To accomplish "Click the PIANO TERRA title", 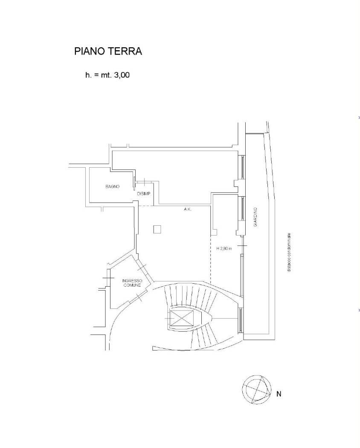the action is (x=108, y=52).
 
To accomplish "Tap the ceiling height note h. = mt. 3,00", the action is (x=107, y=75).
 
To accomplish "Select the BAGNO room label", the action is (x=113, y=186).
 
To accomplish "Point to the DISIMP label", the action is (x=144, y=194).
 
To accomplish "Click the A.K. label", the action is (x=188, y=209).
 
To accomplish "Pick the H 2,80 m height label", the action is (x=224, y=249).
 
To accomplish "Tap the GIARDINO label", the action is (x=255, y=217).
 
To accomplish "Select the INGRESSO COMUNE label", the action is (x=132, y=283).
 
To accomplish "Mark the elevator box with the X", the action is (x=182, y=318).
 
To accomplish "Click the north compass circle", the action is (x=257, y=390).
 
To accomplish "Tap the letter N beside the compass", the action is (x=279, y=394).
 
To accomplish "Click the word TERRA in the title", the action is (x=125, y=52).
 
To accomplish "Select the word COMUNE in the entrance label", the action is (x=132, y=285).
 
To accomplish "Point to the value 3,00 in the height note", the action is (x=122, y=75).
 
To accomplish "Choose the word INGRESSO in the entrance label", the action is (x=132, y=281).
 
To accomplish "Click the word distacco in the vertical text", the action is (x=290, y=265).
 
